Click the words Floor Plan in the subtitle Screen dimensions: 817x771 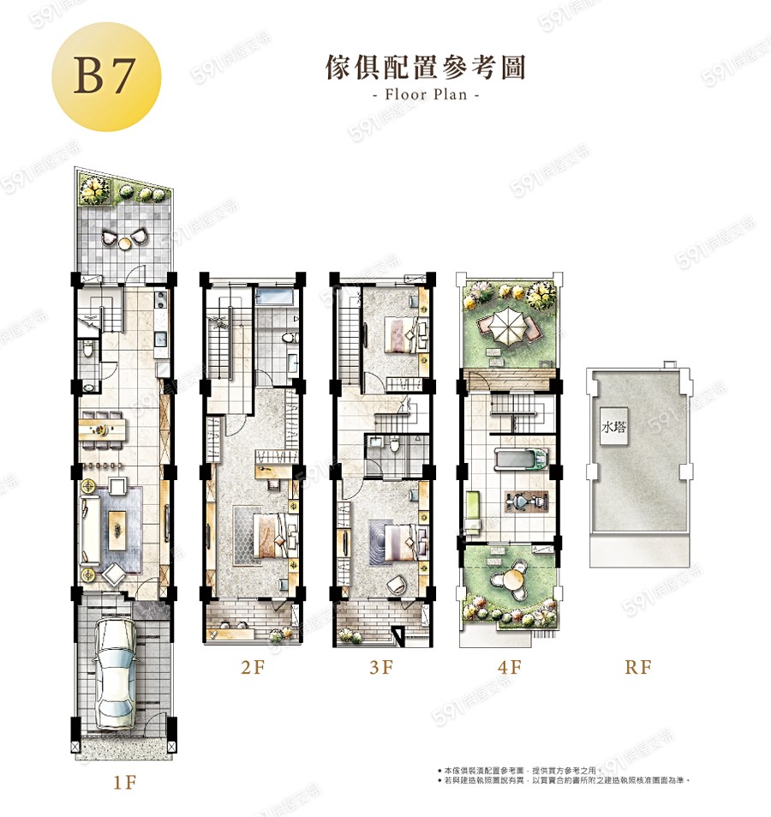click(x=426, y=94)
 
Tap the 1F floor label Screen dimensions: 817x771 click(x=124, y=783)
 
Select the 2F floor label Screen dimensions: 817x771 click(x=253, y=668)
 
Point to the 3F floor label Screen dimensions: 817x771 click(x=380, y=668)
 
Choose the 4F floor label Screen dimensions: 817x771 click(x=509, y=668)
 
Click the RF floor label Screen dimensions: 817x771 click(x=637, y=668)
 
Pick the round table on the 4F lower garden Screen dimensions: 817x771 click(x=511, y=579)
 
